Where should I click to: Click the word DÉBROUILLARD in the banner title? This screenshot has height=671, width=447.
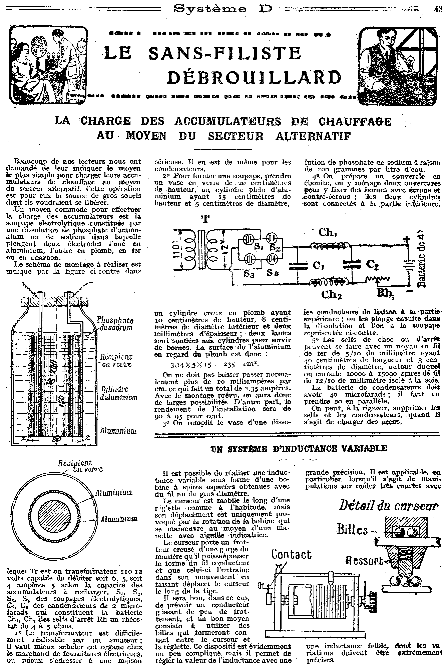click(x=254, y=78)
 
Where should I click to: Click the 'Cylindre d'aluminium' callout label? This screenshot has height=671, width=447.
click(x=119, y=393)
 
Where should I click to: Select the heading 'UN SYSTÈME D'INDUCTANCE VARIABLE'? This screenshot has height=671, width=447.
click(x=299, y=448)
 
